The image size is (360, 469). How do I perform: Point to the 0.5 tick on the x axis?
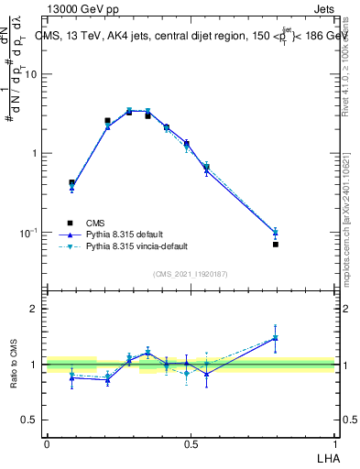(190, 443)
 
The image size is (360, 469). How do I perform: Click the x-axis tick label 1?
(334, 443)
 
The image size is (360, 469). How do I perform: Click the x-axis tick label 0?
(47, 443)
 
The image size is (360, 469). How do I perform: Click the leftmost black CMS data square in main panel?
(72, 182)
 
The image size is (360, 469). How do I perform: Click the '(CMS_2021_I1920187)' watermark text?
(190, 273)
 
